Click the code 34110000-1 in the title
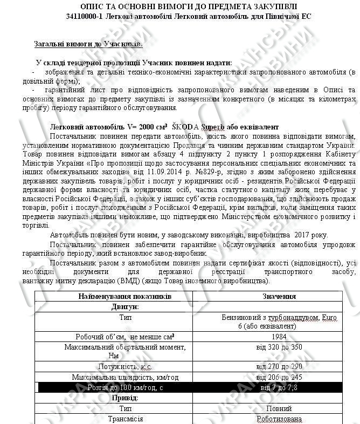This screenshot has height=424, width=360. [x=84, y=17]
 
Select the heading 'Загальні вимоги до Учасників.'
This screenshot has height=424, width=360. [x=88, y=44]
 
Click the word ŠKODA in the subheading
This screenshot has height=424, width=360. [x=185, y=127]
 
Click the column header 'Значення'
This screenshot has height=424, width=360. [x=279, y=297]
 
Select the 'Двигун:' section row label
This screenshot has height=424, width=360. [x=125, y=306]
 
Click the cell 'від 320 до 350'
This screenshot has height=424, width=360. [x=279, y=347]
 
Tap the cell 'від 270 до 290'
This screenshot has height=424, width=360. [x=279, y=367]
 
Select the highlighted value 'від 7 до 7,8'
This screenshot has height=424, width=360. [x=279, y=387]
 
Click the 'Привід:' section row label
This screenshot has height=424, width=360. [x=125, y=398]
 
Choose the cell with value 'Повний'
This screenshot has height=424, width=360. [x=279, y=408]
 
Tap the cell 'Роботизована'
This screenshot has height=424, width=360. [x=279, y=419]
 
